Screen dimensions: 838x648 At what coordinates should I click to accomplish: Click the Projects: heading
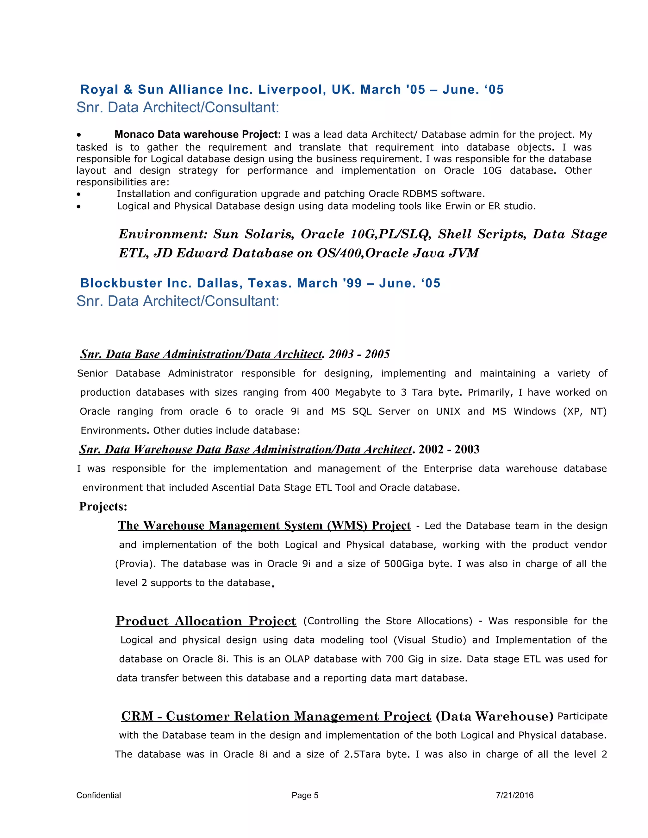pos(103,507)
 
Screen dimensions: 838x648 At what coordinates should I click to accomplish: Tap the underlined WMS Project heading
pos(264,525)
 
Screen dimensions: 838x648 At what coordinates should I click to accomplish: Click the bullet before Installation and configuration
pos(79,194)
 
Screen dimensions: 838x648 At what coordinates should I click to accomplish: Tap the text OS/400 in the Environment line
pos(340,253)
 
